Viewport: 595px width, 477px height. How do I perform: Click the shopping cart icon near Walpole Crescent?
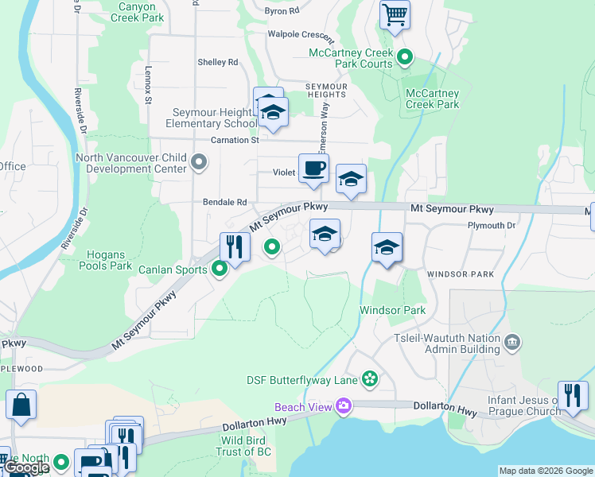point(395,14)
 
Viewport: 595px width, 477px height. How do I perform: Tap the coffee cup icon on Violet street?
point(313,169)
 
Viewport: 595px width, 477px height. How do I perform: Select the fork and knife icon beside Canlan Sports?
point(235,246)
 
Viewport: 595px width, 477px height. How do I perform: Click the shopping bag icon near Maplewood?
point(21,404)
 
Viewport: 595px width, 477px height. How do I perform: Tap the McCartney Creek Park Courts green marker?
point(405,57)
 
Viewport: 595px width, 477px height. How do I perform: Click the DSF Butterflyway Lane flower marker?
point(369,378)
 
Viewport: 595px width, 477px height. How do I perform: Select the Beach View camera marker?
point(344,406)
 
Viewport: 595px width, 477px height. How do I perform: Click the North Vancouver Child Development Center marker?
point(199,163)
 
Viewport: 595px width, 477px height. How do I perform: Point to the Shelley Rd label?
point(218,62)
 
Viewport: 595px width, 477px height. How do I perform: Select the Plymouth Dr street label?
point(492,226)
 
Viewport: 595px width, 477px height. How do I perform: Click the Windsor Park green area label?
point(392,310)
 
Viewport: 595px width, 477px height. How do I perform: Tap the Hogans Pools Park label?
point(105,260)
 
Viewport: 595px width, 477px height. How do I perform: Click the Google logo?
point(26,467)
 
